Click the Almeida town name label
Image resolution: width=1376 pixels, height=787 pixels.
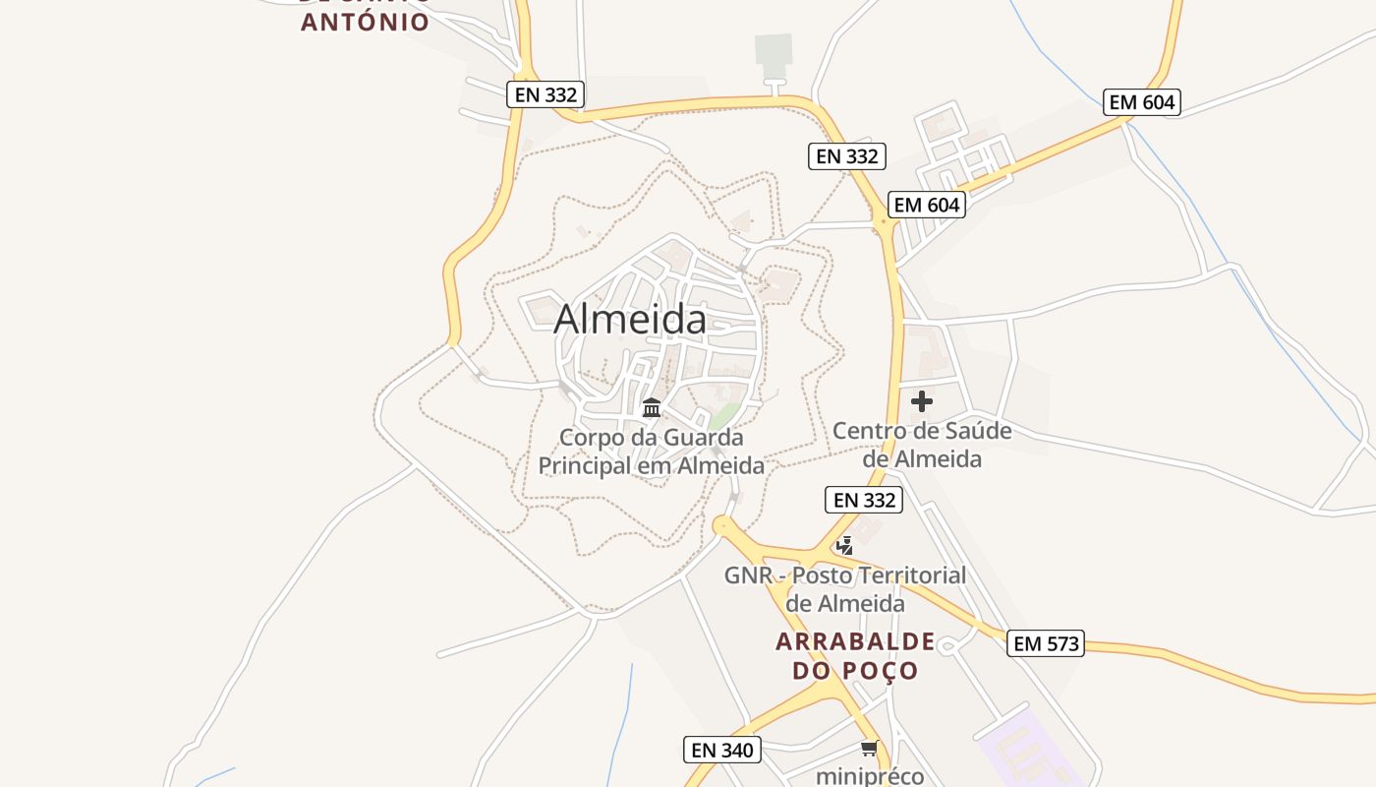pos(629,319)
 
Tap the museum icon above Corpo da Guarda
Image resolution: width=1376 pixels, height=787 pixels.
pos(651,406)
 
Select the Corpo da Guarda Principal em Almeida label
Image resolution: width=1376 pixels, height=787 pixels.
pos(651,452)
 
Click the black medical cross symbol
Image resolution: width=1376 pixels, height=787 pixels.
pos(922,401)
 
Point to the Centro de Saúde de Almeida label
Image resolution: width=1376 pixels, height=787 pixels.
pos(922,445)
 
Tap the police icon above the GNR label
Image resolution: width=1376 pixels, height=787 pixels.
pos(844,544)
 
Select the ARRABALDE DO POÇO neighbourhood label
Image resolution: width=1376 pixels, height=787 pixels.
pos(855,656)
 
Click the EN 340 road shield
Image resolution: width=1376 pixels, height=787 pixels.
pos(722,750)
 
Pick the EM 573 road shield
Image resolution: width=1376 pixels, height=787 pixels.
pos(1046,644)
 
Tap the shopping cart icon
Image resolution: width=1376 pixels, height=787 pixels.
pos(869,749)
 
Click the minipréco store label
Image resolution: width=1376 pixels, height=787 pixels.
pos(870,776)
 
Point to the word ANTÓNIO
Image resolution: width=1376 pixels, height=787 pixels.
pos(365,22)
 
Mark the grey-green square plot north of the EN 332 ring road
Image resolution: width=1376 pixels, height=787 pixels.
pos(774,52)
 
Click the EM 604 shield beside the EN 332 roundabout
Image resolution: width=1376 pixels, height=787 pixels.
pos(927,205)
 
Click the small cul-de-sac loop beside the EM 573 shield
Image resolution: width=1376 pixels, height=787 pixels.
pos(948,646)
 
